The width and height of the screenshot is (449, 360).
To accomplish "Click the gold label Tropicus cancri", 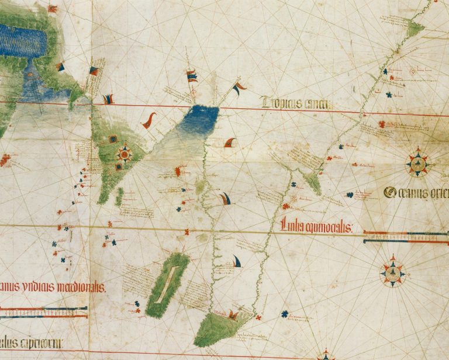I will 298,103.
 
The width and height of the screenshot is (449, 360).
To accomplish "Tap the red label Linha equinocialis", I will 316,224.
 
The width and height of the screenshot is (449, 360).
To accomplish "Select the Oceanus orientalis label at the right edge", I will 416,192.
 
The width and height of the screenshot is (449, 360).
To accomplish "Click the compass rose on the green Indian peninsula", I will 124,154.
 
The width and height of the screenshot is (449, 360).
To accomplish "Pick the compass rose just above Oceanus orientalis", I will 417,164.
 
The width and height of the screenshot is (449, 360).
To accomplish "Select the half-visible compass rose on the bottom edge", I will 326,355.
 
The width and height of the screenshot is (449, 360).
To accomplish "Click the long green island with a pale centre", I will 168,285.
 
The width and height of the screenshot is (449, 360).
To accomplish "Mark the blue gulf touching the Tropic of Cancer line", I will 199,120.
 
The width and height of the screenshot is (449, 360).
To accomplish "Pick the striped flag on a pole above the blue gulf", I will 191,76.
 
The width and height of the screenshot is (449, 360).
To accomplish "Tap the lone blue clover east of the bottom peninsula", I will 285,314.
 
